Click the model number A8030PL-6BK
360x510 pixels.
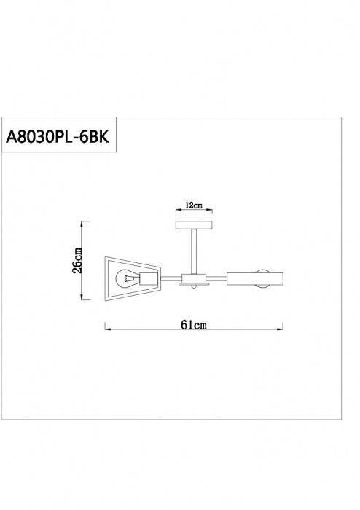pos(58,137)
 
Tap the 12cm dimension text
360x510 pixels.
pos(194,205)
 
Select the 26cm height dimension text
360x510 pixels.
pos(77,260)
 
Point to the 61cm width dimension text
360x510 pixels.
pos(194,325)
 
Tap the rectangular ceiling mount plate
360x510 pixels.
pos(194,224)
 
